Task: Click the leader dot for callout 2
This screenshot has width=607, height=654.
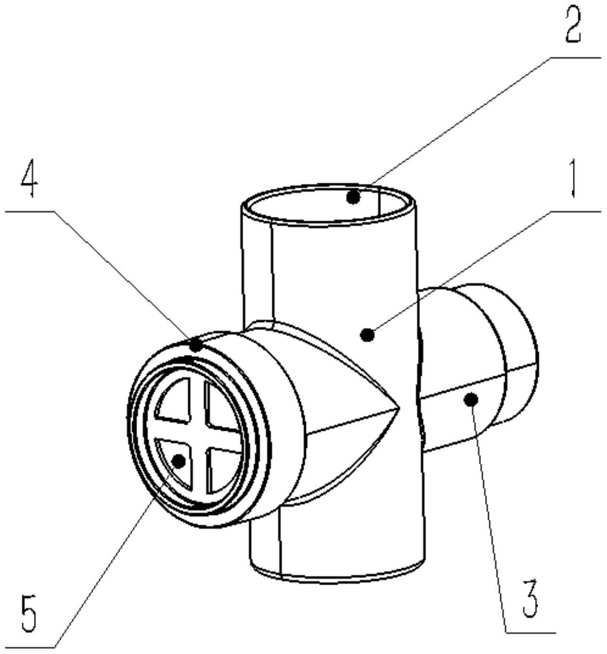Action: click(x=353, y=197)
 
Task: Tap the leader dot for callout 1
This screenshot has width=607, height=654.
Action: click(x=368, y=336)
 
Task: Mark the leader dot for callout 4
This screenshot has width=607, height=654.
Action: click(x=196, y=345)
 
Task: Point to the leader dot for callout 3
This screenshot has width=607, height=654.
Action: click(x=471, y=400)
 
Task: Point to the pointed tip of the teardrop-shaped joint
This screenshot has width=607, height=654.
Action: click(x=399, y=409)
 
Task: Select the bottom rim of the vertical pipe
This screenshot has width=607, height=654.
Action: click(x=336, y=580)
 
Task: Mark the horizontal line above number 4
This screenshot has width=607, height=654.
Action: click(x=30, y=212)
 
